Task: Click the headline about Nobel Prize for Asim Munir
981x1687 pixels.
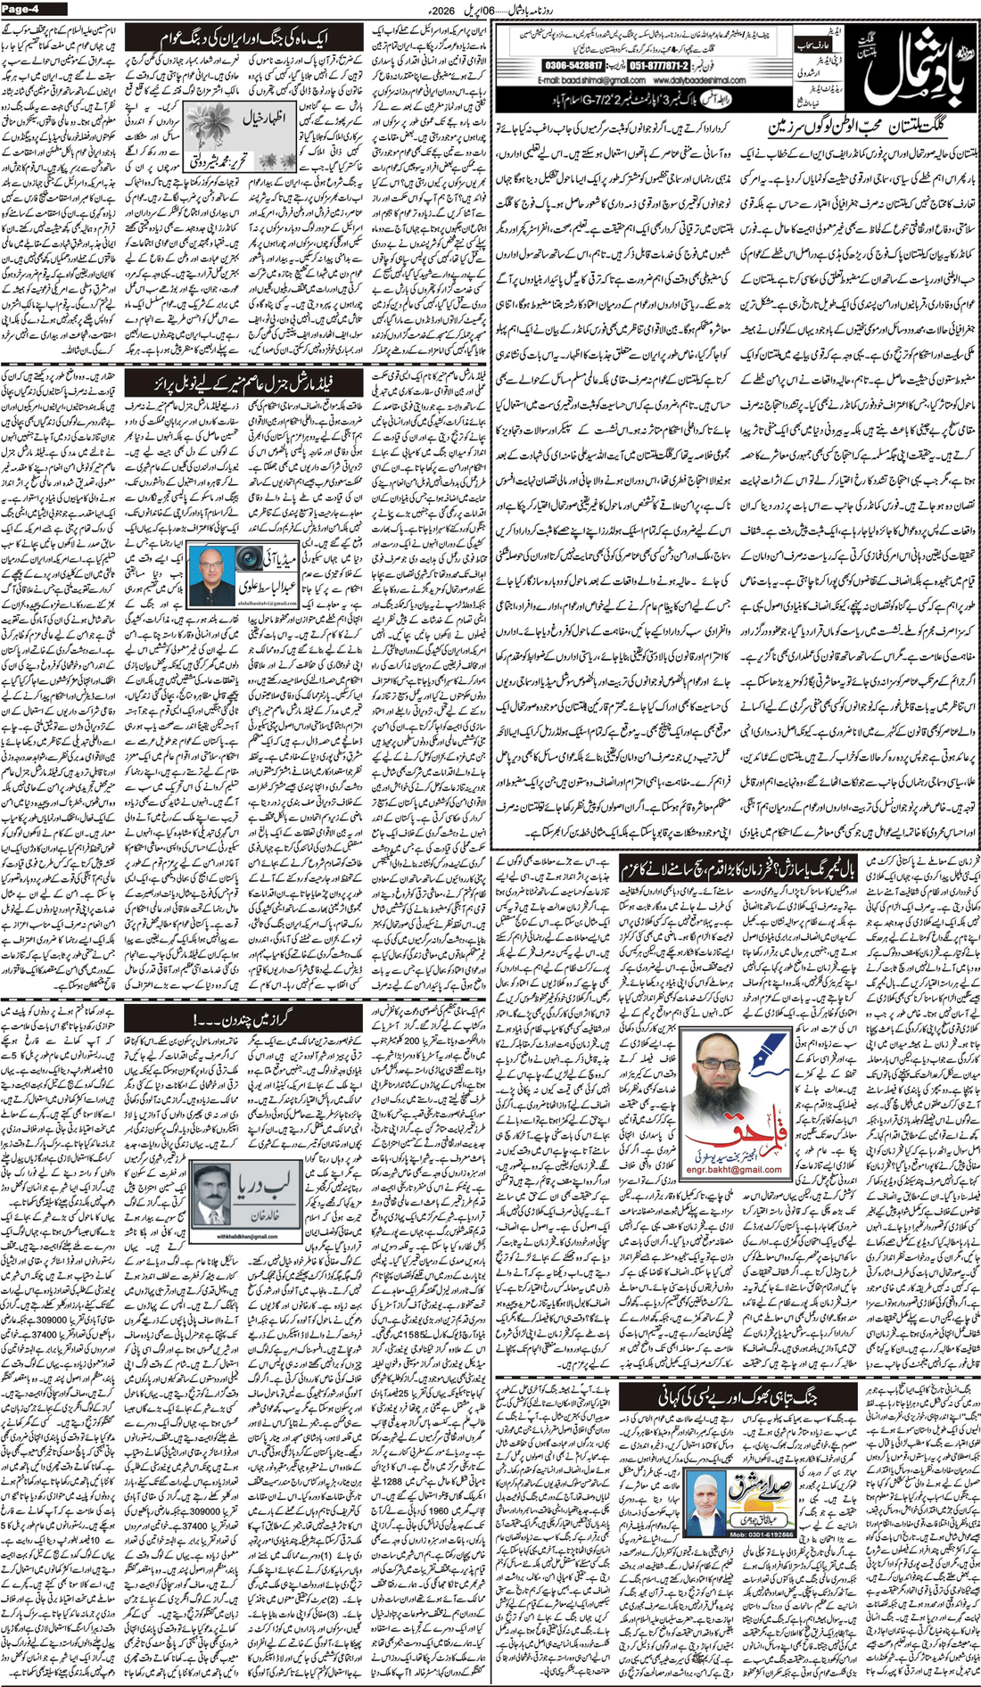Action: [243, 384]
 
